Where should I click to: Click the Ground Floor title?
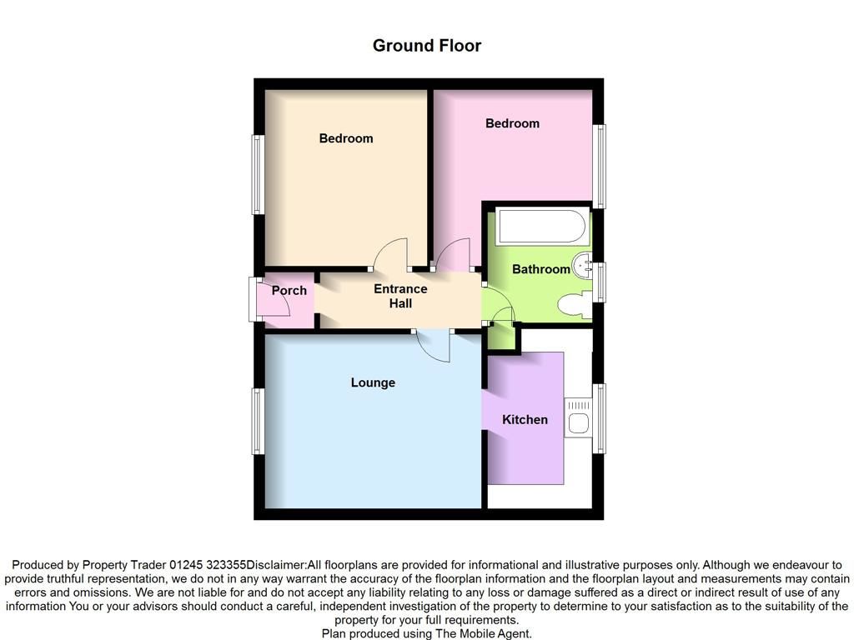click(x=427, y=46)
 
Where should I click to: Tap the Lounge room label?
click(x=373, y=382)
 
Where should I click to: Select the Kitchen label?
click(x=525, y=420)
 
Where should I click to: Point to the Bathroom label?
click(x=540, y=269)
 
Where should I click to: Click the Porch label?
click(x=289, y=291)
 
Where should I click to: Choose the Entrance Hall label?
click(x=400, y=296)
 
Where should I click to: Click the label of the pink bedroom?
click(x=513, y=123)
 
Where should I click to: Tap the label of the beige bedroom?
click(x=346, y=138)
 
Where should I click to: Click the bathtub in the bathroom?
click(x=542, y=226)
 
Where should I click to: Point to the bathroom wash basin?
click(x=583, y=265)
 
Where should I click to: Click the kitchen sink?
click(x=579, y=417)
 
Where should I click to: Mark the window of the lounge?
click(x=258, y=421)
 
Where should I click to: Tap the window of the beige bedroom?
click(x=258, y=174)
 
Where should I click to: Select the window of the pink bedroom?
click(x=599, y=166)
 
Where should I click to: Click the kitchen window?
click(x=599, y=418)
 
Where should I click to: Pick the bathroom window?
click(x=599, y=282)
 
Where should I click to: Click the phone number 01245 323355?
click(x=208, y=565)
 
